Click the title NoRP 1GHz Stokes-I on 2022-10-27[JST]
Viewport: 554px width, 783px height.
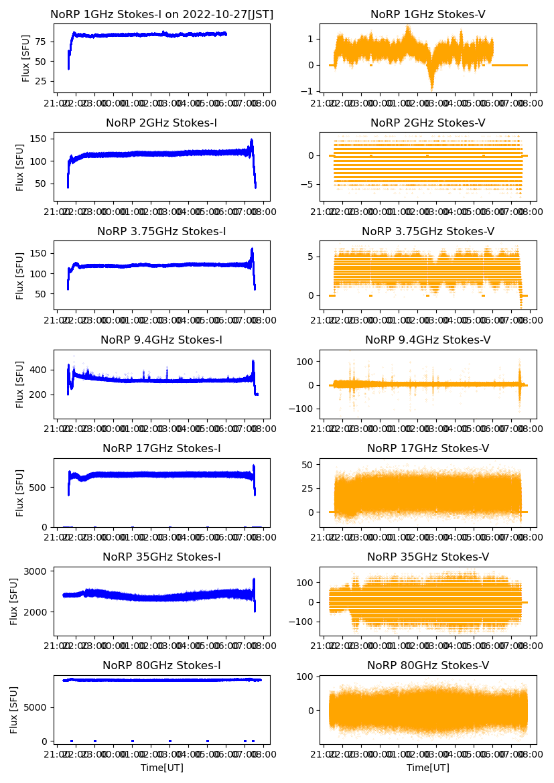(x=162, y=14)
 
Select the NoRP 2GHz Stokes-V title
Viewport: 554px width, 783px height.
(x=427, y=123)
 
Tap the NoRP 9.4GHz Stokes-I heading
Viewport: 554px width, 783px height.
(x=162, y=340)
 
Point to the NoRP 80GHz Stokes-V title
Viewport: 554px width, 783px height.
(x=427, y=665)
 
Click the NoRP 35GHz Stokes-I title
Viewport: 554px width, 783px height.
(x=162, y=557)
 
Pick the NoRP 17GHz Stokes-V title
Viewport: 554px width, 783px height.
(x=427, y=448)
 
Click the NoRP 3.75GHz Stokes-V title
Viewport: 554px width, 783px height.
(x=427, y=231)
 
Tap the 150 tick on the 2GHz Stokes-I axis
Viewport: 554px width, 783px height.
(x=38, y=139)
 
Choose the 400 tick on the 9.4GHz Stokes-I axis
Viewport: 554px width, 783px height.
(x=38, y=370)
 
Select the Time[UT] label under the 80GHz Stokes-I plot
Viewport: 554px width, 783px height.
(x=162, y=768)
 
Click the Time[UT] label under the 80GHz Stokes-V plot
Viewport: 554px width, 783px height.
(x=427, y=768)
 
